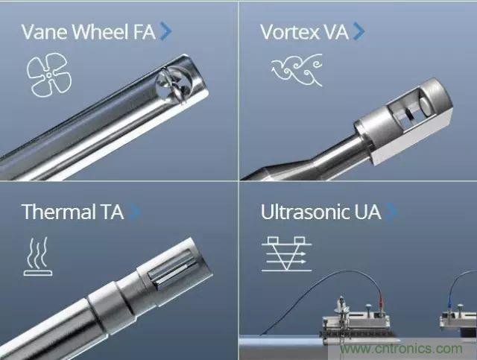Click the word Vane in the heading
45,31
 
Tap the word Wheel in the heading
101,31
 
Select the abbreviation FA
145,32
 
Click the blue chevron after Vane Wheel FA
165,31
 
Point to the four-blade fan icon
49,75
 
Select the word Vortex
290,32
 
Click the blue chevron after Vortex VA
358,31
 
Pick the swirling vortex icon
297,70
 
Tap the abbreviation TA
112,212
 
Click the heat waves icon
38,256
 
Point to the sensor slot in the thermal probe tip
171,268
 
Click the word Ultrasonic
305,212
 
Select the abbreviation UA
367,212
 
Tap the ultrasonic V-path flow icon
286,253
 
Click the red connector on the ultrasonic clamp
381,302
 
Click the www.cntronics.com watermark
401,348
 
